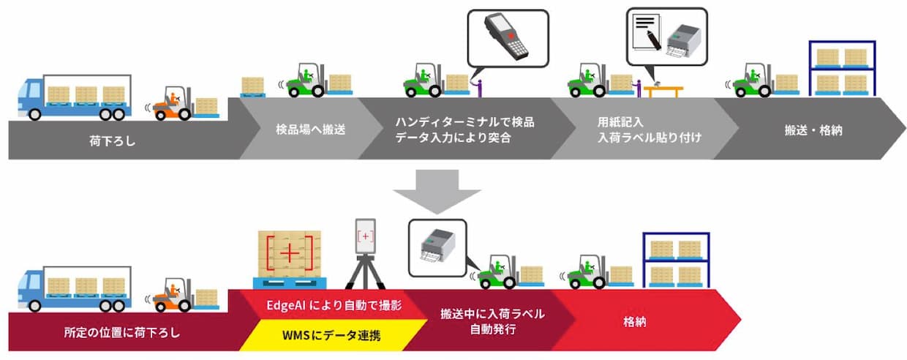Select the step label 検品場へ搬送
click(300, 130)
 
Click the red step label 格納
click(634, 320)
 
